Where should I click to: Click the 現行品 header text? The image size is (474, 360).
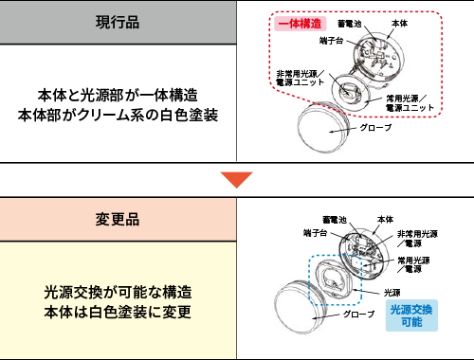point(118,22)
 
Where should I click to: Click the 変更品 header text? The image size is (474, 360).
point(118,219)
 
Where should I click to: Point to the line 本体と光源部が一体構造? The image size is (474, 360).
point(118,95)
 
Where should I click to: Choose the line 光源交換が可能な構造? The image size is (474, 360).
point(118,291)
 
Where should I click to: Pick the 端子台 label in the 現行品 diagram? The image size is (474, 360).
point(331,41)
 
